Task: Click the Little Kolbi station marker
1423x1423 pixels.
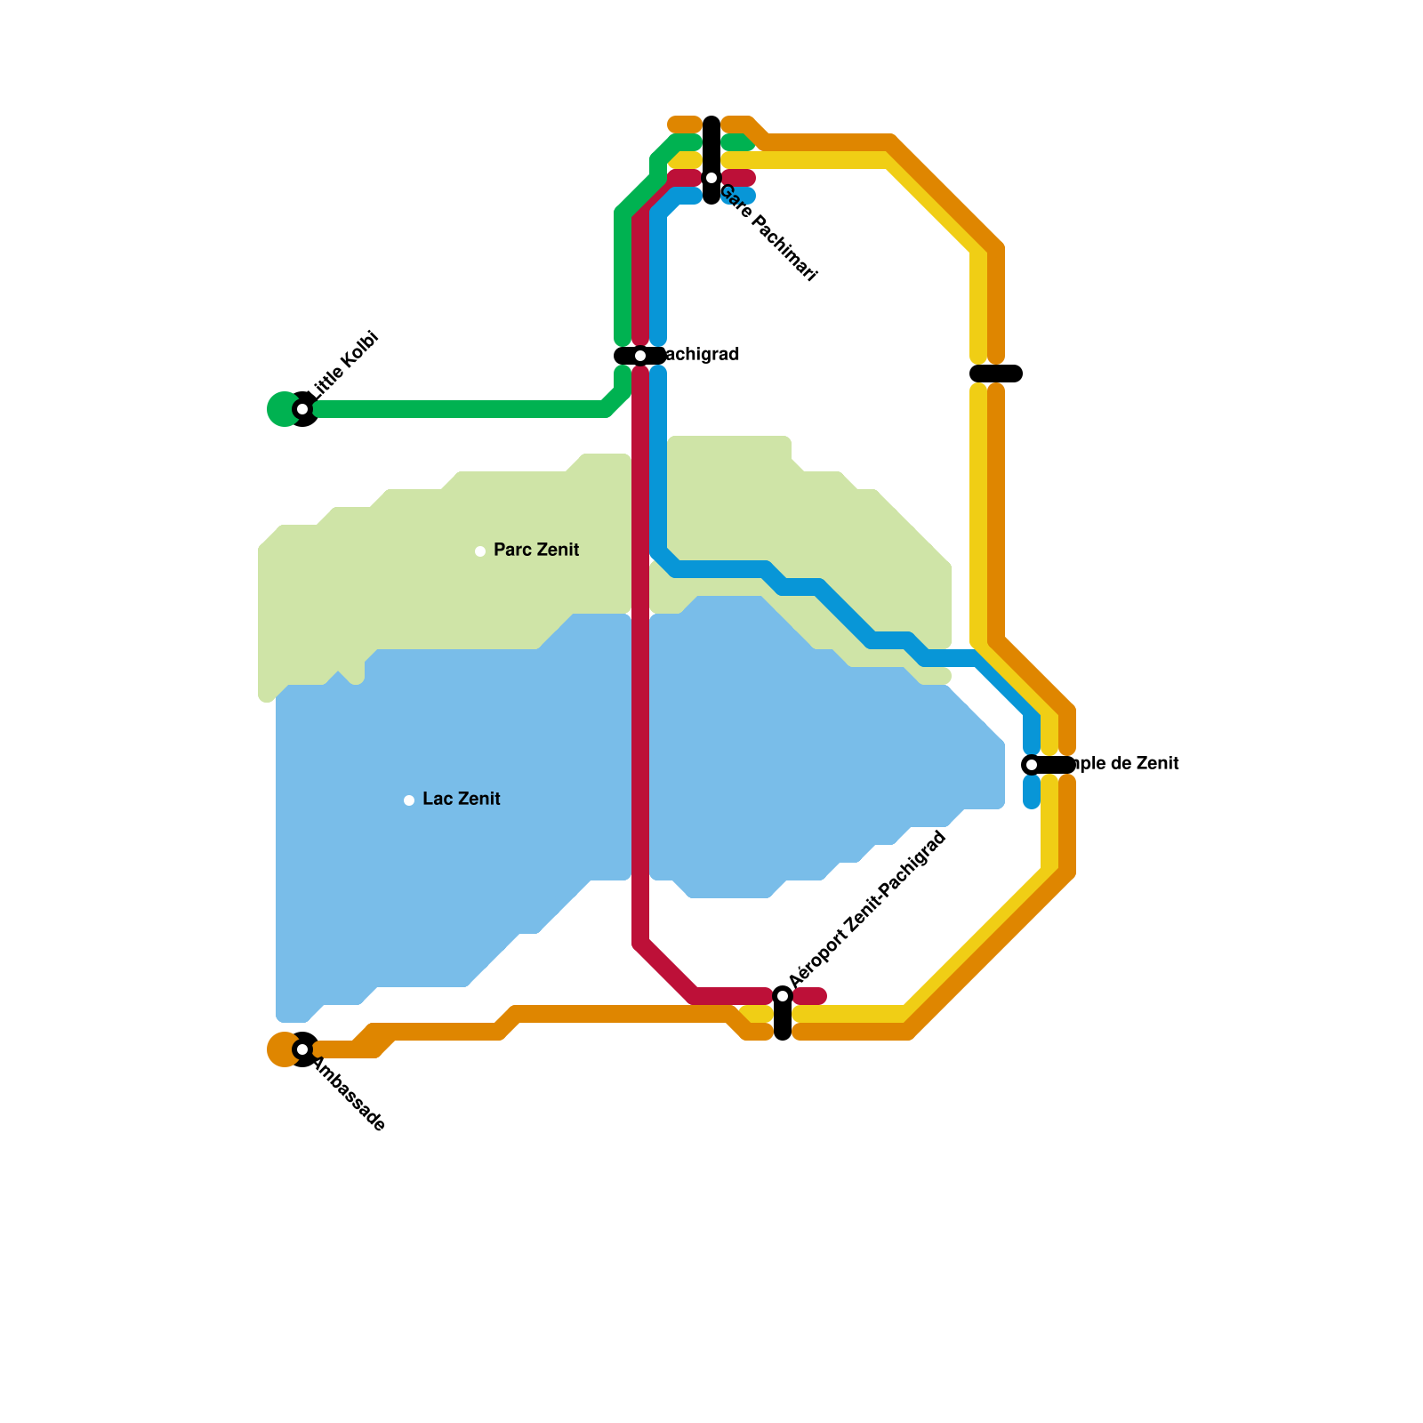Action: click(302, 409)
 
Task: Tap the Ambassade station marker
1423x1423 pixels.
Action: click(302, 1049)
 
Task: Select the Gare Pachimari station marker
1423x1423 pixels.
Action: click(711, 178)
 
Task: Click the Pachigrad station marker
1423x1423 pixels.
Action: click(640, 356)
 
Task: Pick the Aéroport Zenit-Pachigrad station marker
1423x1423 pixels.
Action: click(783, 995)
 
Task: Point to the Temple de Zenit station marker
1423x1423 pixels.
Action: click(1032, 765)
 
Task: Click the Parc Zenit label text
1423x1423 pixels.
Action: click(536, 550)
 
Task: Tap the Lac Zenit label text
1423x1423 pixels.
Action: click(462, 799)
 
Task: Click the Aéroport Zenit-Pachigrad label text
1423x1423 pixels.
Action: click(867, 909)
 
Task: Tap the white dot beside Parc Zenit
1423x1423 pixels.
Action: click(480, 551)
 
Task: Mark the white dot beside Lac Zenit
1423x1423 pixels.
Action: click(409, 800)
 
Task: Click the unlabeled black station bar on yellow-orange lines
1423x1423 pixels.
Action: click(996, 374)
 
